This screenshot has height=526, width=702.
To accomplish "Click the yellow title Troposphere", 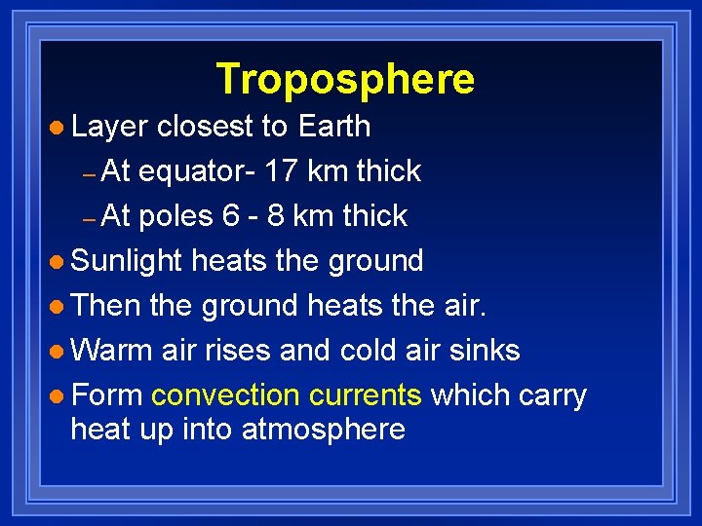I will click(x=345, y=79).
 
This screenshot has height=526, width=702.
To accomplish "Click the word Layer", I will click(x=109, y=127).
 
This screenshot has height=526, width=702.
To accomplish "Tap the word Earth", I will click(x=334, y=127).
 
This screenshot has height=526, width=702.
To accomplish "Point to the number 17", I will click(x=282, y=171).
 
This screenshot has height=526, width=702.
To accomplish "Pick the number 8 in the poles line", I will click(x=276, y=216).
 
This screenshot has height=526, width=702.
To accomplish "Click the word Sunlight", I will click(x=127, y=261).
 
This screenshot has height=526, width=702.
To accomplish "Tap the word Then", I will click(x=107, y=306).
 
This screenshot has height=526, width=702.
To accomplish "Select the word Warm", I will click(x=111, y=350).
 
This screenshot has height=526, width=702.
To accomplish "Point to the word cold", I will click(x=373, y=350).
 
